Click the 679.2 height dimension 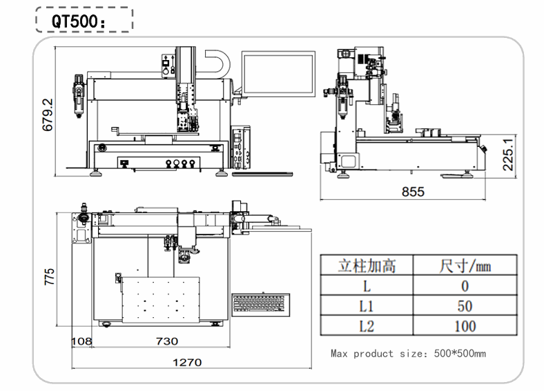(x=48, y=114)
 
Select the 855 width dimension (x=412, y=192)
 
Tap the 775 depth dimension (x=49, y=276)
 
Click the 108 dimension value (x=83, y=341)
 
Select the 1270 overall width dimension (x=186, y=362)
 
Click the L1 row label (x=366, y=305)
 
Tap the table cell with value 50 (x=465, y=305)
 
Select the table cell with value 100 (x=465, y=325)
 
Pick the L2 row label (x=366, y=325)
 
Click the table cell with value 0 (x=465, y=285)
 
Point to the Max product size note (x=408, y=354)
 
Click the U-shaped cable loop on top (x=218, y=63)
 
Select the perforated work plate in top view (x=161, y=300)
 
